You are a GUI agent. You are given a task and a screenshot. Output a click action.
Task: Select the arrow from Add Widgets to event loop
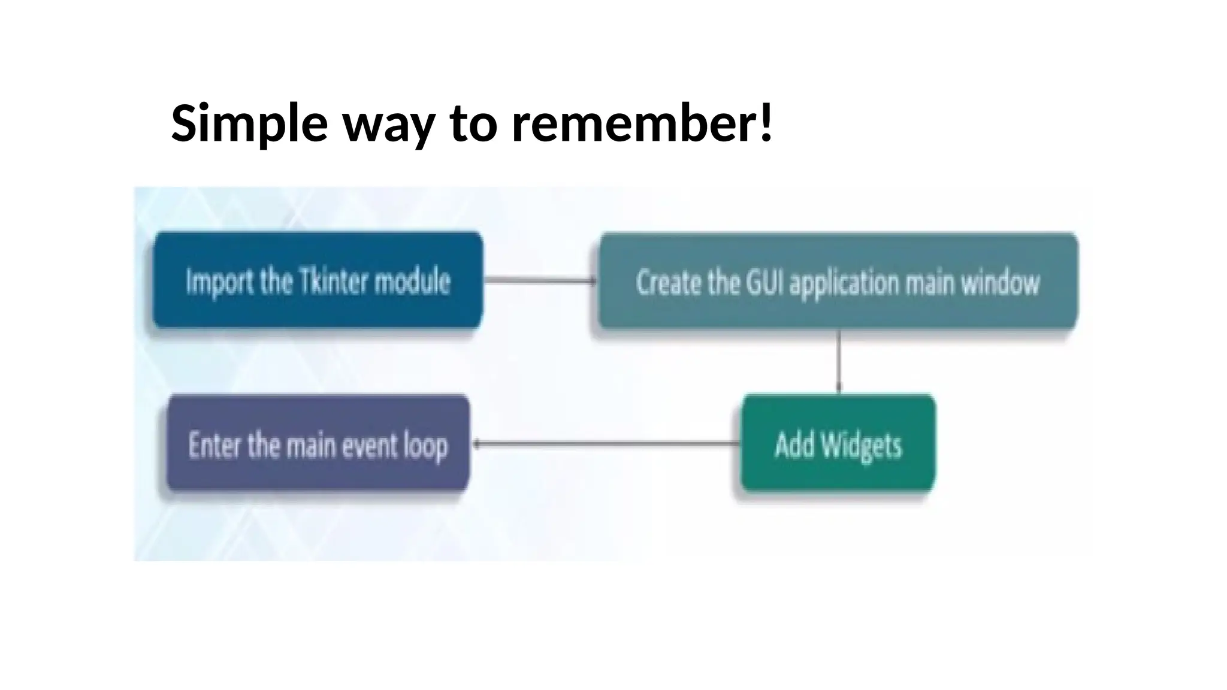point(605,444)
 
